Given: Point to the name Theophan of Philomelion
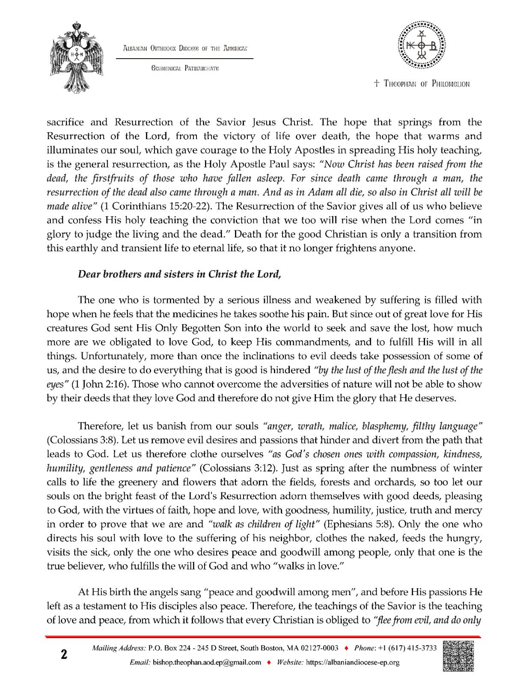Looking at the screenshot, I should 422,84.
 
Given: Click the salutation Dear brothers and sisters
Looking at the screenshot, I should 179,274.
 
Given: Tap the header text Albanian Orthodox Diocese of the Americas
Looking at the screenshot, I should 185,48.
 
